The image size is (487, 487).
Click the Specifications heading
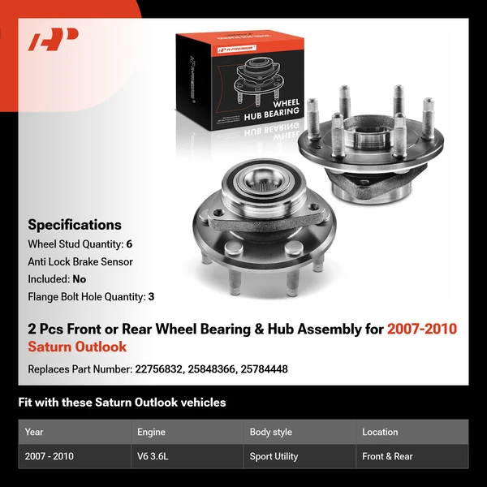click(75, 225)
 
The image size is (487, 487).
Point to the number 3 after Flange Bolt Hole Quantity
click(151, 297)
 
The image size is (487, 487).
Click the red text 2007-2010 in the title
click(422, 329)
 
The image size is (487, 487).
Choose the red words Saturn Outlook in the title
click(77, 347)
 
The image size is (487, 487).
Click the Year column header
click(34, 432)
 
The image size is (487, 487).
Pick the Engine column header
click(151, 432)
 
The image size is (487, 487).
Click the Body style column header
click(270, 432)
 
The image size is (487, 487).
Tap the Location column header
click(380, 432)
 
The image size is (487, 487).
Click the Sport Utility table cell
click(274, 456)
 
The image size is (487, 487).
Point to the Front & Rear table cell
click(387, 456)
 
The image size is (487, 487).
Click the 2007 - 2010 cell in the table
click(50, 456)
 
